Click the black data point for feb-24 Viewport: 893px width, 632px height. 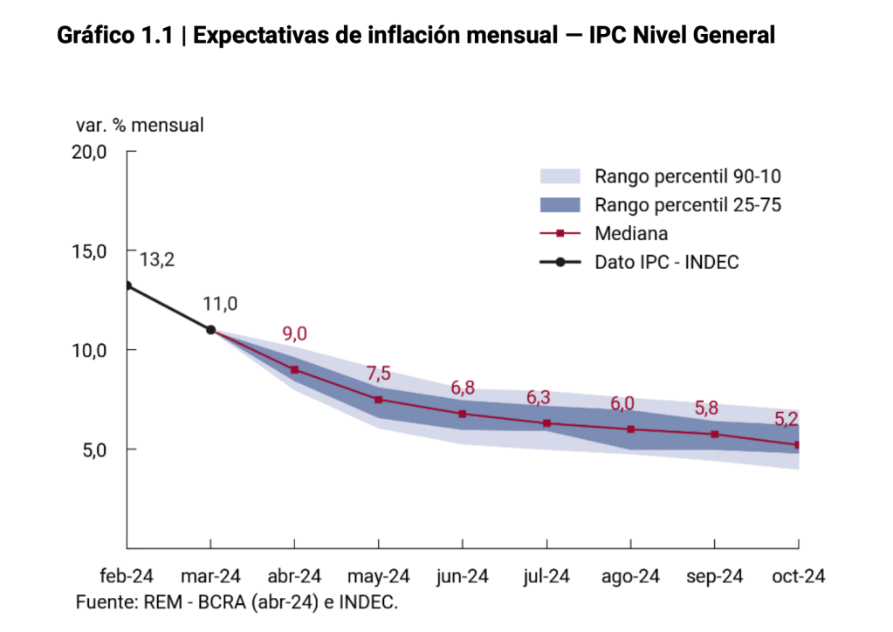click(x=127, y=285)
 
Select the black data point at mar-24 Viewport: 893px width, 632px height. click(x=210, y=329)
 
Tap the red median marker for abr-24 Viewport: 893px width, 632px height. click(x=294, y=370)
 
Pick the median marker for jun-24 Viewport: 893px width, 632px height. click(x=462, y=414)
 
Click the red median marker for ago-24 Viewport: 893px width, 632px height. click(x=630, y=429)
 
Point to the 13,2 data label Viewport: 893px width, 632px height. click(x=157, y=259)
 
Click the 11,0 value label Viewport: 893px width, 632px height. click(x=220, y=304)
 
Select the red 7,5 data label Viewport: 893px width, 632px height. click(x=378, y=374)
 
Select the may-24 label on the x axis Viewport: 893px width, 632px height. click(x=378, y=576)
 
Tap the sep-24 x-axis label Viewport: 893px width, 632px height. click(x=714, y=576)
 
